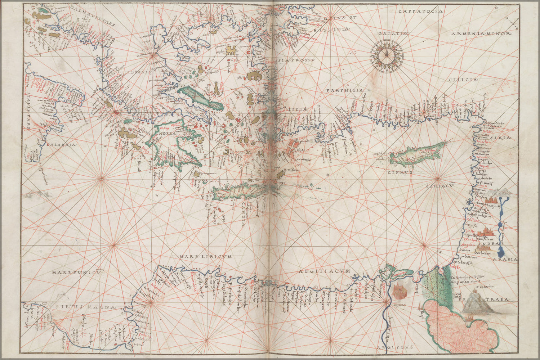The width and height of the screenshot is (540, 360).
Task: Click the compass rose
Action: point(386,55)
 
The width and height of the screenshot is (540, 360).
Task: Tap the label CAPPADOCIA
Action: point(415,12)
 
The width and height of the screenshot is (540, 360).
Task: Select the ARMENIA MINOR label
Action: point(481,34)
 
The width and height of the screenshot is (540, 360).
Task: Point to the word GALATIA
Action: point(393,33)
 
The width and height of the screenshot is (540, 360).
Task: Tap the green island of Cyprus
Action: point(418,154)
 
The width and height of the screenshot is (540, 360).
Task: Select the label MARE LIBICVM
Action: point(205,257)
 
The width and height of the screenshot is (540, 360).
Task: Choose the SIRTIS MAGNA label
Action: point(86,307)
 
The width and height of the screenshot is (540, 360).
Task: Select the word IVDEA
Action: point(489,244)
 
